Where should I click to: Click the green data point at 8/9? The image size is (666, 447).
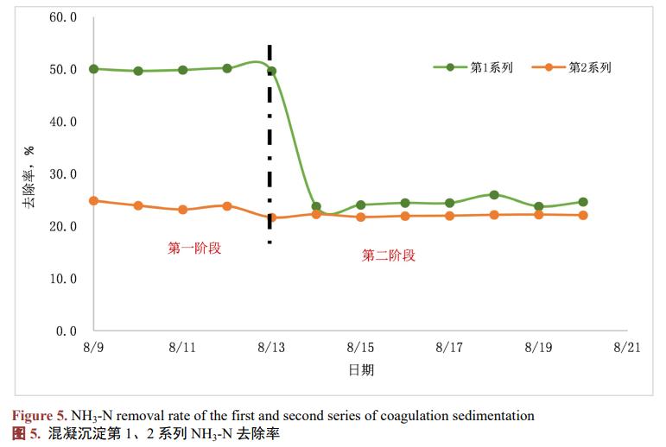pos(93,69)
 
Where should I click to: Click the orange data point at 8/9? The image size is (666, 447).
pos(93,200)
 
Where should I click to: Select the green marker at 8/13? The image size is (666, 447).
pos(271,71)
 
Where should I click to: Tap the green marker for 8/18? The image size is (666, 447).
pos(494,195)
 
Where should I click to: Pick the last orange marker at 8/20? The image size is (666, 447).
pos(583,215)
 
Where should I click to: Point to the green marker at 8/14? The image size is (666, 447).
pos(316,207)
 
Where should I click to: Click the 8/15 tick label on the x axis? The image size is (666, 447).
pos(360,348)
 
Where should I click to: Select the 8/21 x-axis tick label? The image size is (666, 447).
pos(627,348)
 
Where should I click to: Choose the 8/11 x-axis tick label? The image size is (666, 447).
pos(182,348)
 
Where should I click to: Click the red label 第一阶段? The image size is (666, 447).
pos(194,249)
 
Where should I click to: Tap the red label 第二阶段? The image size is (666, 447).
pos(389,255)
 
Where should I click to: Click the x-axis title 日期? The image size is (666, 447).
pos(361,370)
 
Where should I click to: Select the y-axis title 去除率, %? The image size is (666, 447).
pos(29,177)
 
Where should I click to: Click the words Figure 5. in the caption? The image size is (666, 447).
pos(40,416)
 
